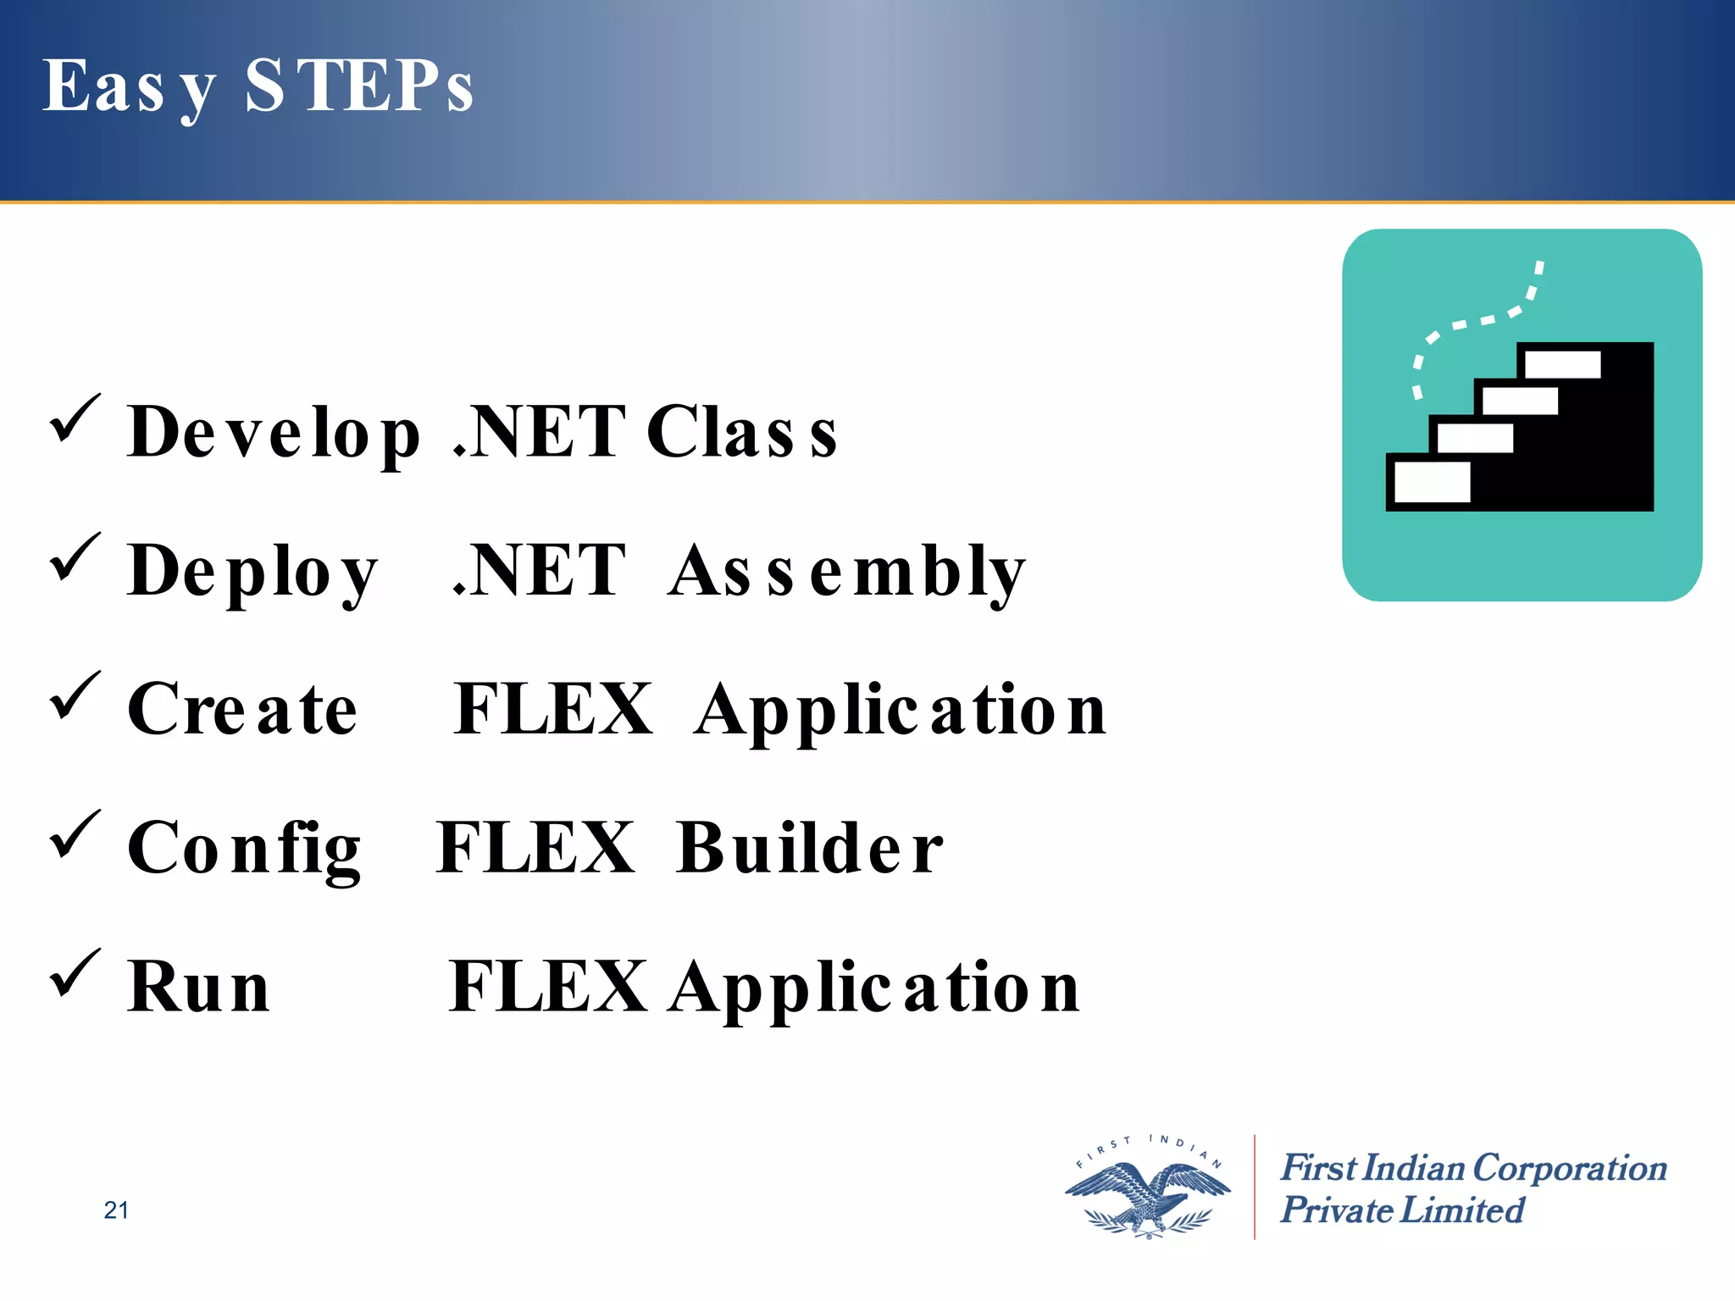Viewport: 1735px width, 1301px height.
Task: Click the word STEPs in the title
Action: [359, 86]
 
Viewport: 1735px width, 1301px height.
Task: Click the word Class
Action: [742, 432]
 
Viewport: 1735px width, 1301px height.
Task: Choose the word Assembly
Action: [847, 573]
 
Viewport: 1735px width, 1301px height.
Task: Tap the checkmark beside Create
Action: [75, 696]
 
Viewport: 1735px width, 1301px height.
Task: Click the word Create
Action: [242, 710]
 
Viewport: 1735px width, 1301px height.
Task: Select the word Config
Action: [244, 850]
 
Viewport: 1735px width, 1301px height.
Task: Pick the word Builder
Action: [810, 849]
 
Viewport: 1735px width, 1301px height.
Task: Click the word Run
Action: [198, 988]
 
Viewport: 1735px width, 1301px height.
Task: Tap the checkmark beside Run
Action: [75, 974]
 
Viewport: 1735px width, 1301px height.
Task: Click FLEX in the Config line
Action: [535, 849]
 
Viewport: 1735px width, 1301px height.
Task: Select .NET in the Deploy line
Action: [540, 573]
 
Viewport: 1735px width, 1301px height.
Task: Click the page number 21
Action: [116, 1210]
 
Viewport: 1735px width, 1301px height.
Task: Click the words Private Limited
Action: [1401, 1210]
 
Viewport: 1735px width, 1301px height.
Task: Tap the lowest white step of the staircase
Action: [1432, 482]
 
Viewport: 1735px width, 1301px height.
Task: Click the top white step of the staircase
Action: [1562, 365]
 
